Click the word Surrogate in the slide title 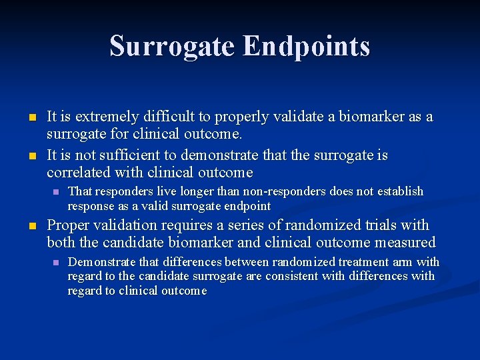click(x=172, y=47)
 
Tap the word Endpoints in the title click(x=306, y=47)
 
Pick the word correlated click(x=79, y=173)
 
